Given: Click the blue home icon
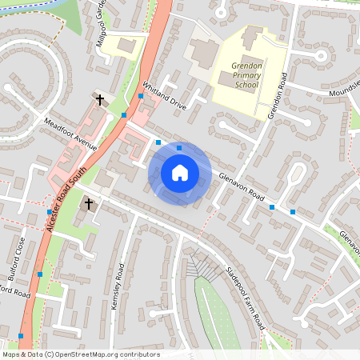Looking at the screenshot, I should [x=180, y=172].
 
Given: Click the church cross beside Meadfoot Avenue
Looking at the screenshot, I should [x=100, y=100].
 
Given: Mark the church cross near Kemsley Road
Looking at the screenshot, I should [x=88, y=205].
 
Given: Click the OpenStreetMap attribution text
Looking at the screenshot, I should [x=81, y=354].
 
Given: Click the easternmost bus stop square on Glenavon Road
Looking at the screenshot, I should [x=294, y=211].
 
